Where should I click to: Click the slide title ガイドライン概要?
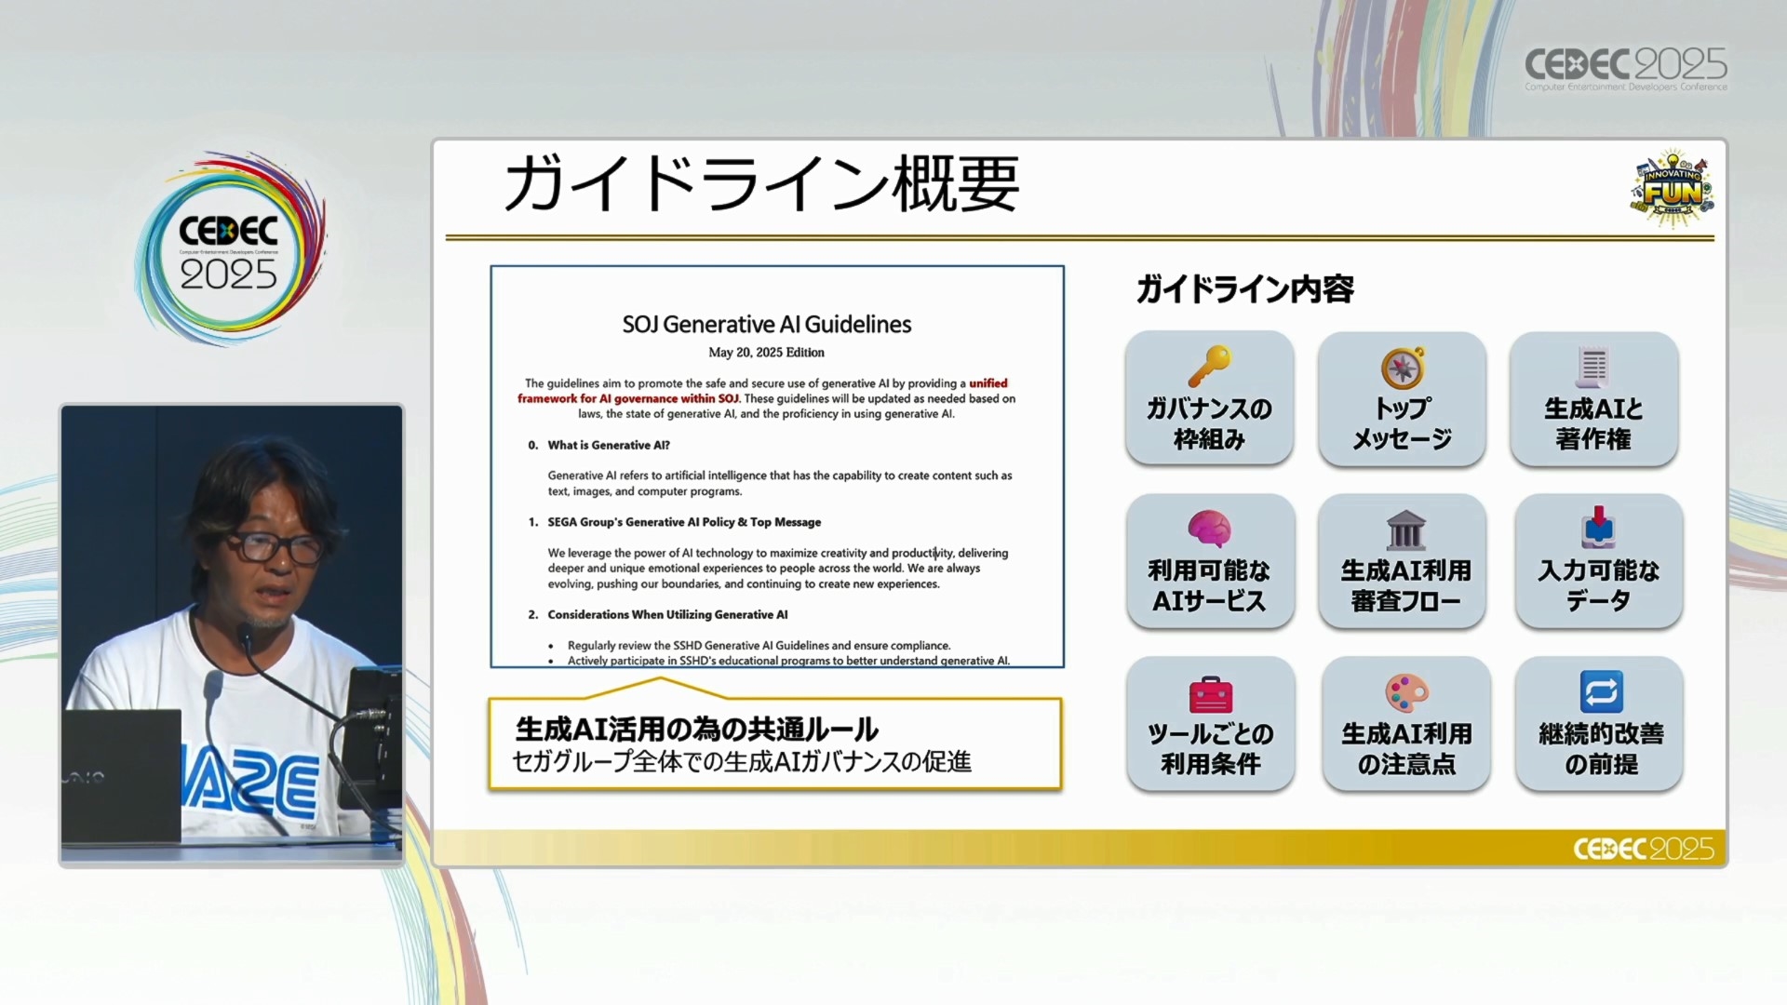[x=761, y=184]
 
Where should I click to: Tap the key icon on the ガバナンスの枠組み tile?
[x=1209, y=366]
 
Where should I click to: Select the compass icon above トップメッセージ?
[x=1403, y=368]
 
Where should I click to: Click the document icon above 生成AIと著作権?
[x=1592, y=367]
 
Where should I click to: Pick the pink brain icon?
[x=1209, y=529]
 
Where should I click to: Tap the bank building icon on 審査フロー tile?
[x=1405, y=529]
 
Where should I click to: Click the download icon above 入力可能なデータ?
[x=1598, y=528]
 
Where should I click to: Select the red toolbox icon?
[x=1210, y=693]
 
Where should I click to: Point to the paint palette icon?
[x=1406, y=693]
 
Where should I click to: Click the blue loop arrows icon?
[x=1601, y=692]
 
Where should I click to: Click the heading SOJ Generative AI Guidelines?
[x=767, y=324]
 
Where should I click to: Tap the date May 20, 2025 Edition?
[x=766, y=353]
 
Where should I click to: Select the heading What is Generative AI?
[x=609, y=445]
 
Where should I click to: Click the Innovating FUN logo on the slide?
[x=1673, y=189]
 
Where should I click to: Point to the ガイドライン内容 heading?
[x=1244, y=289]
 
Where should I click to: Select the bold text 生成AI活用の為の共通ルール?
[x=697, y=729]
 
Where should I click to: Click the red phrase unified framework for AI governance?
[x=762, y=391]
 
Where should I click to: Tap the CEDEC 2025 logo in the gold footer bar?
[x=1643, y=849]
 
